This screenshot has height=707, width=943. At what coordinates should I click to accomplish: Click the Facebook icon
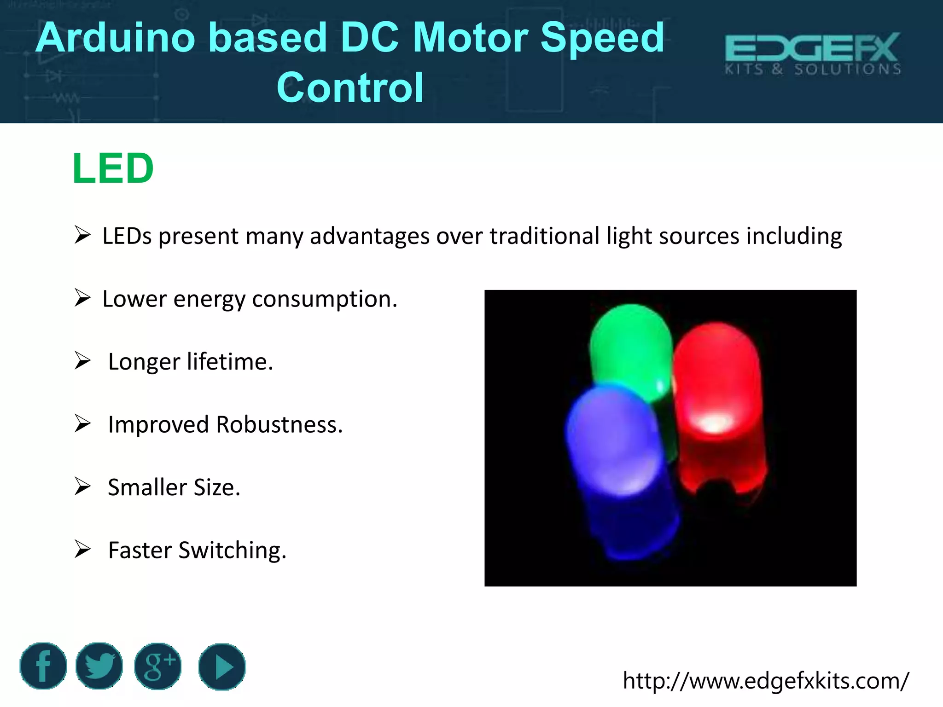43,666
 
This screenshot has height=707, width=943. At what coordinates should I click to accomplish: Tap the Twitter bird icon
99,666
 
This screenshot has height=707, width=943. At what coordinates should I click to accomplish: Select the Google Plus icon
158,666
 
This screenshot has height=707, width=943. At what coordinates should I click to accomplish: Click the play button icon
222,666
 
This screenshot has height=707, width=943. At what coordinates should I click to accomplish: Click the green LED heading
113,168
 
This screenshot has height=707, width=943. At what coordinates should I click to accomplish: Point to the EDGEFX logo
813,53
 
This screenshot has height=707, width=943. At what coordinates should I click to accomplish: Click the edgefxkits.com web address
766,680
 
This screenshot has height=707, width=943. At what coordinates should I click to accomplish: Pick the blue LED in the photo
617,460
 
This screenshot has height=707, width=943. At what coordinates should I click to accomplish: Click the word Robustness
279,424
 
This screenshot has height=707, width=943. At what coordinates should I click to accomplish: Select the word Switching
232,551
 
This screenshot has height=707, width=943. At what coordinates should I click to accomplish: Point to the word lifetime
230,362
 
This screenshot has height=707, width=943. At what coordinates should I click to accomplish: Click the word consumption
324,299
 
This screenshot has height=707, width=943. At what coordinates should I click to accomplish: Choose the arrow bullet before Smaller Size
83,487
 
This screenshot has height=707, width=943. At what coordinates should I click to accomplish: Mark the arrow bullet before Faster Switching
83,549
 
